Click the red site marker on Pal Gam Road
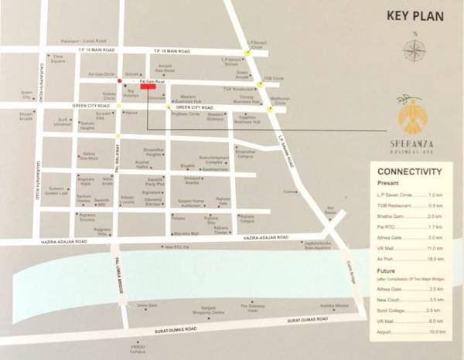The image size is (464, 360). (148, 86)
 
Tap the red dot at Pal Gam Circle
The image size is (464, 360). (119, 80)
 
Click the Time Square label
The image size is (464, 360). (57, 57)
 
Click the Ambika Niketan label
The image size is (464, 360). (326, 307)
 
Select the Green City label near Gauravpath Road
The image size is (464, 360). (25, 96)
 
